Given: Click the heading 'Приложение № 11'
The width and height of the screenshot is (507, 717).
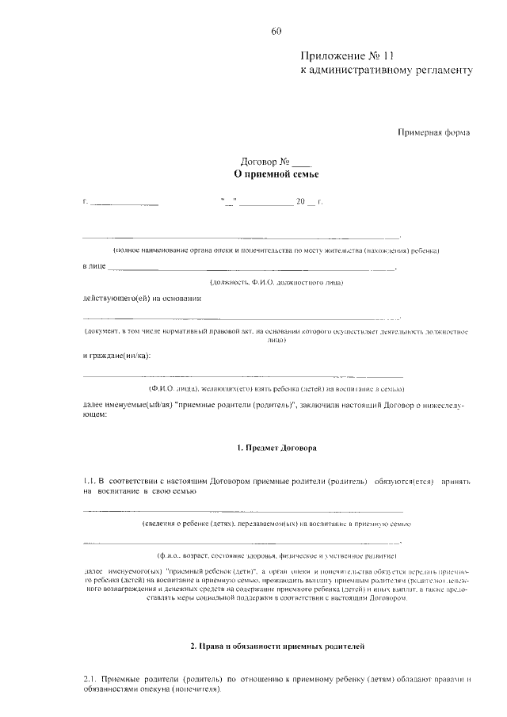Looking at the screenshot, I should click(x=346, y=55).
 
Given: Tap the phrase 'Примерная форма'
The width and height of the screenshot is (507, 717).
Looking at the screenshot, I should click(x=433, y=132).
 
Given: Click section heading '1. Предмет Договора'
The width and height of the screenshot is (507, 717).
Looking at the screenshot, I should click(x=276, y=448).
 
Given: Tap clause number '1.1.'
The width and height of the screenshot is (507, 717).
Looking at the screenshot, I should click(x=89, y=481).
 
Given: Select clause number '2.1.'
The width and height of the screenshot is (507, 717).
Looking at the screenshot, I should click(x=90, y=679).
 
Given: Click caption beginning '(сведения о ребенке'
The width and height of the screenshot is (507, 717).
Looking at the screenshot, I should click(x=276, y=524).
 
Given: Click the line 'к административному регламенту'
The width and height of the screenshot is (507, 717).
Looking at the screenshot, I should click(x=386, y=71).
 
